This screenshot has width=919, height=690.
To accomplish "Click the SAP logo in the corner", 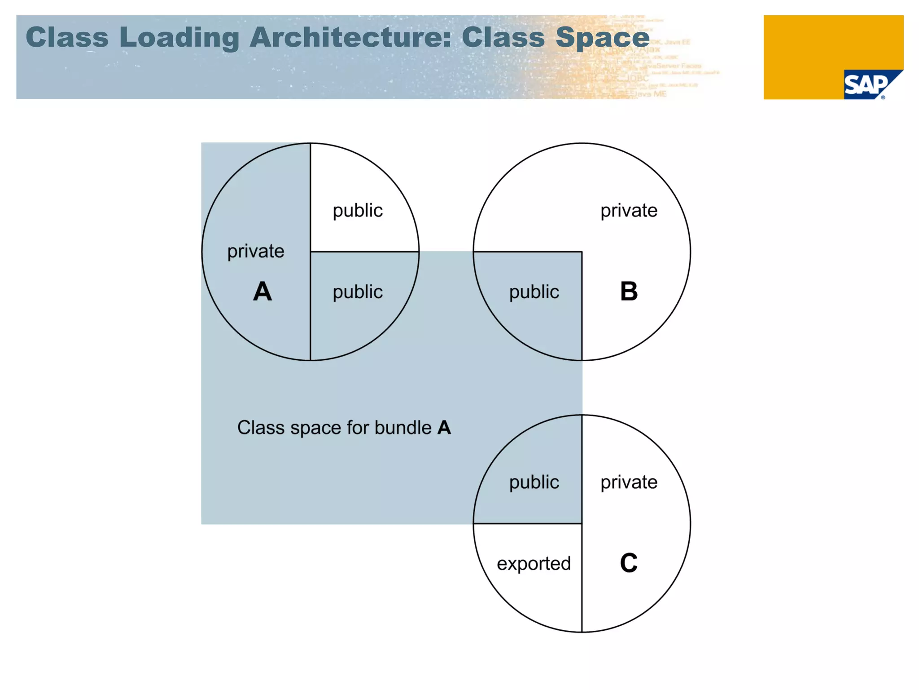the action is (x=866, y=85).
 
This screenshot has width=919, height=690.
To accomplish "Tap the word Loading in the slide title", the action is (x=179, y=38).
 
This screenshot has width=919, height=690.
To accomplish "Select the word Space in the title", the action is (x=602, y=38).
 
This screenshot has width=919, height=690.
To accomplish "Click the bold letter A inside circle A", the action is (x=263, y=292).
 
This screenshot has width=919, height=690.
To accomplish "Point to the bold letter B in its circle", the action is (x=629, y=292).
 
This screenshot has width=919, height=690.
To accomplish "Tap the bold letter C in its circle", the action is (x=629, y=563).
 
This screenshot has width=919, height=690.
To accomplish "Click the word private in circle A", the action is (x=256, y=251).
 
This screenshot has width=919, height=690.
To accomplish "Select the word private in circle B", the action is (x=629, y=210).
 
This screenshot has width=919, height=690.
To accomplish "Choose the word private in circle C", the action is (x=629, y=482).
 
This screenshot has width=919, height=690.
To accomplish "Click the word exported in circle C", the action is (x=534, y=563).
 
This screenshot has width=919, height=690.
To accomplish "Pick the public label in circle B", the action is (x=534, y=292).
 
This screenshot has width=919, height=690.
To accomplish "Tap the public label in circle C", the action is (x=534, y=482).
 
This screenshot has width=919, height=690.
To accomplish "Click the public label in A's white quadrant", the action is (x=358, y=210).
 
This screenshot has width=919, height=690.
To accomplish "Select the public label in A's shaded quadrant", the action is (x=358, y=292).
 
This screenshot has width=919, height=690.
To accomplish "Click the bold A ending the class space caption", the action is (x=444, y=428).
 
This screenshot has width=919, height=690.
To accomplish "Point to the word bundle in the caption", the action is (x=403, y=428).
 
